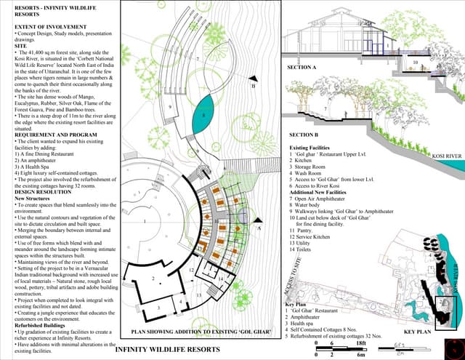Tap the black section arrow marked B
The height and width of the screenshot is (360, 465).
pyautogui.click(x=252, y=79)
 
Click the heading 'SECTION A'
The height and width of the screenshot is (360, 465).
pyautogui.click(x=302, y=67)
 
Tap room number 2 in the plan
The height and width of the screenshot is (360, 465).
pyautogui.click(x=153, y=279)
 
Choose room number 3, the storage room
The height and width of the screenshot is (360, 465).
pyautogui.click(x=159, y=308)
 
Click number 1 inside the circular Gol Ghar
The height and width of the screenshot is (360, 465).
pyautogui.click(x=145, y=220)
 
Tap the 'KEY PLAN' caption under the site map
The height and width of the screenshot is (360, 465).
pyautogui.click(x=417, y=332)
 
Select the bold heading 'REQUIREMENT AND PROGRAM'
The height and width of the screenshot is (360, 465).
pyautogui.click(x=54, y=135)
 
